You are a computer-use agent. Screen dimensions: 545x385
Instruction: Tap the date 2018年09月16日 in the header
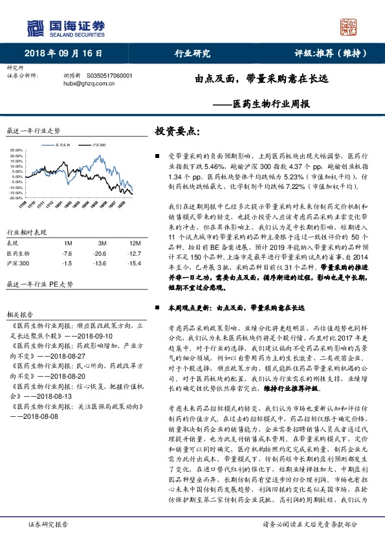tap(64, 54)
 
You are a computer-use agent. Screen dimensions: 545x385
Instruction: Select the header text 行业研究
tap(193, 54)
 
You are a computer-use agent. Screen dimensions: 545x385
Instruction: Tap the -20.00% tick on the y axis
tap(16, 198)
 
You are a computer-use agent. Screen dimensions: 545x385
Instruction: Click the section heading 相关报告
tap(18, 310)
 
